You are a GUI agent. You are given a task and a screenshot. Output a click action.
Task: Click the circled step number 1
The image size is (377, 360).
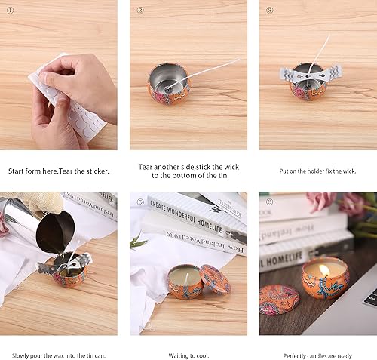coord(10,11)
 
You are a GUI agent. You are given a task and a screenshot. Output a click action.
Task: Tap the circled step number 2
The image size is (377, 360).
coord(140,11)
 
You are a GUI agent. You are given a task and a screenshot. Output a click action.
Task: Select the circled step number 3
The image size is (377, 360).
coord(270,11)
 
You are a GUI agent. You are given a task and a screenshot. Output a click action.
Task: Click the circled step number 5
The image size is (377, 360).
coord(140,202)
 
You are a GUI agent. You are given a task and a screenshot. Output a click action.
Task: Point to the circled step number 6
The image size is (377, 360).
coord(270,202)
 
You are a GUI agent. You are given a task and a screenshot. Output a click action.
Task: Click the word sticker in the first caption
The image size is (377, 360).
coord(98,171)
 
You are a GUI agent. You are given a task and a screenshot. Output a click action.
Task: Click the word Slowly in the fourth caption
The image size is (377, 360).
coord(20,356)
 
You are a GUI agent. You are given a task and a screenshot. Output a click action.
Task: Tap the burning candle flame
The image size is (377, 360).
coord(324,270)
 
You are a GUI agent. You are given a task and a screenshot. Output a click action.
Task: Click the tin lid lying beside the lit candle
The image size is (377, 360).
coord(279,300)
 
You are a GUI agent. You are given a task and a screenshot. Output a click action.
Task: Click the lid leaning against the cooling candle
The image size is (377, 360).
coord(215,279)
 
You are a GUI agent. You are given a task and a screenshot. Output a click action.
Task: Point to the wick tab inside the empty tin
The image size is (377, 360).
coord(168,88)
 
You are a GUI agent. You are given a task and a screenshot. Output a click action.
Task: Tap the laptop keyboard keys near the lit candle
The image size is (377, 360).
coord(371,297)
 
